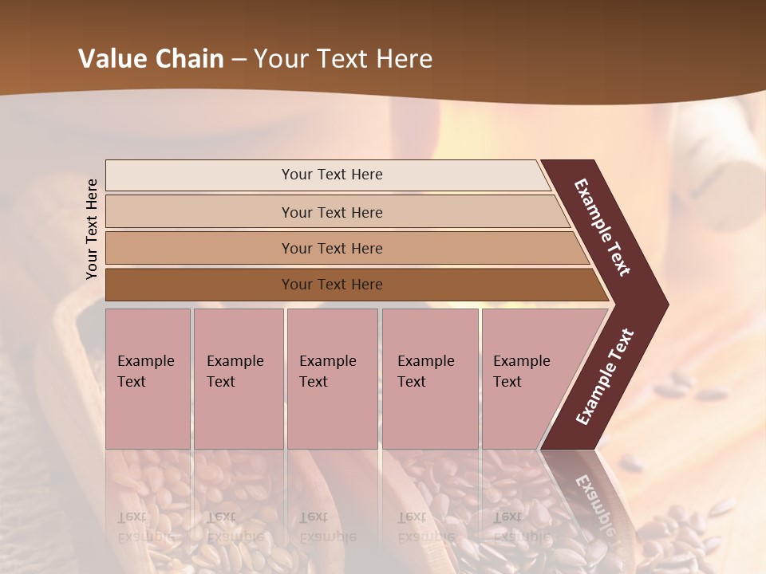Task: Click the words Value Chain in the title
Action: tap(151, 59)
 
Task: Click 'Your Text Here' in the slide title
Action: tap(343, 59)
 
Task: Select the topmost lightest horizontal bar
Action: tap(199, 175)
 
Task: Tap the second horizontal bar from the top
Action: tap(199, 212)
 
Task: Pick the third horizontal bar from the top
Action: tap(199, 248)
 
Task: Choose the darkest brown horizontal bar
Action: tap(199, 285)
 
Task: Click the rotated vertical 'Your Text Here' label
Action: tap(92, 230)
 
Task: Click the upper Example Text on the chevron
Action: tap(602, 227)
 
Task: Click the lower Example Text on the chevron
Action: tap(605, 376)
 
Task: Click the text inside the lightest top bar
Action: tap(332, 175)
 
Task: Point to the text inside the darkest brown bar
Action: tap(332, 285)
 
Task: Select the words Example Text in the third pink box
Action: tap(327, 372)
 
